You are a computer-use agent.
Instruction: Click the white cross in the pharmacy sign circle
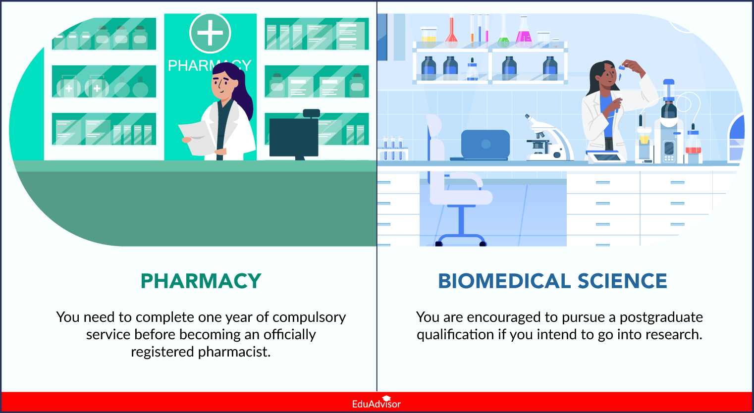click(x=210, y=33)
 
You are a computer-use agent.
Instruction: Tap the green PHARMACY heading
click(x=201, y=281)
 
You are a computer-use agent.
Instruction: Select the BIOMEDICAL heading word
click(x=504, y=281)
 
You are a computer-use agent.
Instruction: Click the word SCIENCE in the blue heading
click(x=622, y=281)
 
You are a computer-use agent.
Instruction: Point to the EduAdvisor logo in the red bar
click(x=377, y=403)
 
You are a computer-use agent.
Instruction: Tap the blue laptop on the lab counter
click(x=482, y=145)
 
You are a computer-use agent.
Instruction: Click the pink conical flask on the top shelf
click(x=524, y=33)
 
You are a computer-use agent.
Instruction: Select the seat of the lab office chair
click(x=461, y=198)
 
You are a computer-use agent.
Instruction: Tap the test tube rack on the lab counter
click(x=393, y=149)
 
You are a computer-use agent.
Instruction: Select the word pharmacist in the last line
click(x=234, y=352)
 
